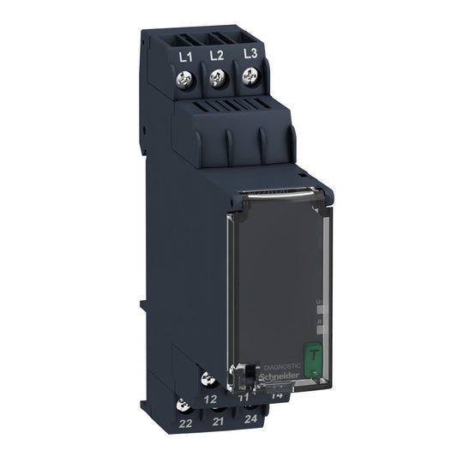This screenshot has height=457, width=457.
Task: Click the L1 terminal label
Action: tap(183, 55)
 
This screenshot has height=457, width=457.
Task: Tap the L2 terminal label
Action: tap(216, 54)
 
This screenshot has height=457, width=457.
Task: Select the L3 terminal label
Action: tap(250, 52)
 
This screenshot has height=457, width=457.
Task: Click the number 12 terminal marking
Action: tap(210, 399)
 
